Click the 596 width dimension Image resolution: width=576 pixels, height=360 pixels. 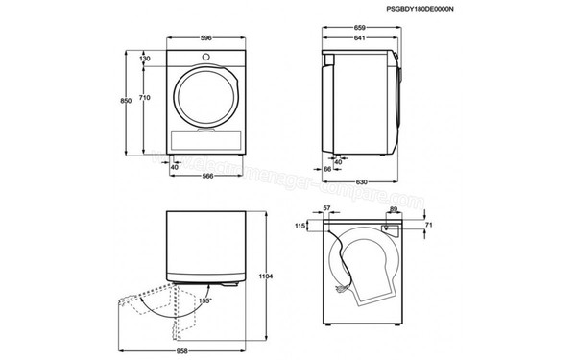pos(205,39)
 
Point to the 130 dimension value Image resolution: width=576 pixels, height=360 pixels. pos(144,59)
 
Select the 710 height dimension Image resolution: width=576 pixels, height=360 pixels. pos(144,98)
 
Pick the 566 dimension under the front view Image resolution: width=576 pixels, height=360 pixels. pos(206,176)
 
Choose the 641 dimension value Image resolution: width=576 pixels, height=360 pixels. pos(360,39)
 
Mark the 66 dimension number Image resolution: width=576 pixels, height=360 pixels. pos(327,169)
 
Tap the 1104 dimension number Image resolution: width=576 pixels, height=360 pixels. pos(268,277)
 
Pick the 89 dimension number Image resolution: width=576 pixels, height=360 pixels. pos(394,209)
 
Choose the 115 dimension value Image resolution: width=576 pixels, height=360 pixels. pos(299,226)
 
